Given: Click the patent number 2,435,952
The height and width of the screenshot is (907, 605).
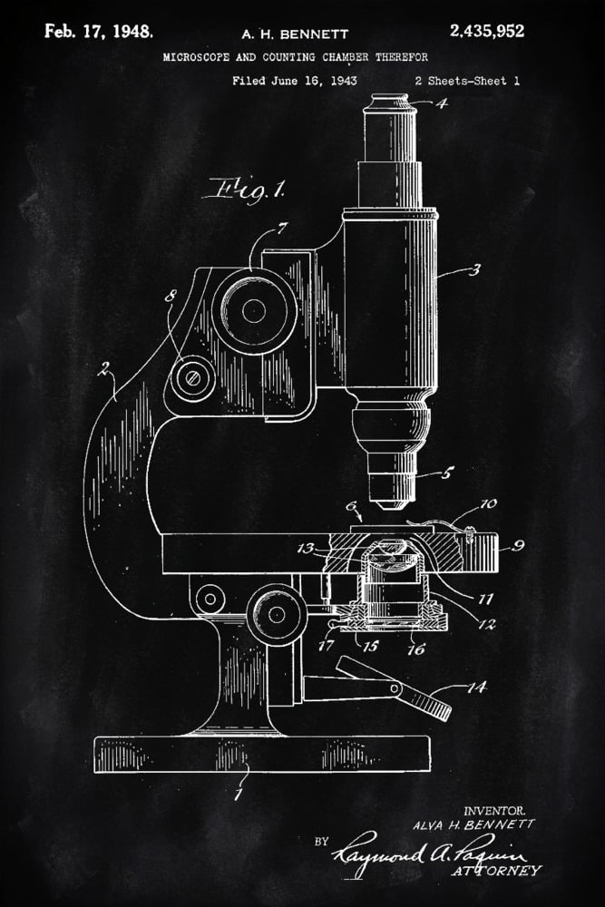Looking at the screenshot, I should tap(486, 32).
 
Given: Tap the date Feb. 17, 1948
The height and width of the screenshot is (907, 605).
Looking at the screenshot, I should tap(99, 32).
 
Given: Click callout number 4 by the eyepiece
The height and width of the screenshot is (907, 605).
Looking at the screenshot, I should tap(442, 103).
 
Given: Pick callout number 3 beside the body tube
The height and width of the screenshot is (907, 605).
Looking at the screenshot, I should tap(475, 268).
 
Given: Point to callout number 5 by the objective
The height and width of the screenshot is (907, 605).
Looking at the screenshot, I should tap(446, 473).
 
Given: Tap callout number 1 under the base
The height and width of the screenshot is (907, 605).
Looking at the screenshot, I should tap(238, 796).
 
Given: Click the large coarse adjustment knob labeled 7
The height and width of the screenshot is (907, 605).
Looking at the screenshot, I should tap(254, 310).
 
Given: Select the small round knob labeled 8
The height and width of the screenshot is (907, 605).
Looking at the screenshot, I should tap(192, 378).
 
